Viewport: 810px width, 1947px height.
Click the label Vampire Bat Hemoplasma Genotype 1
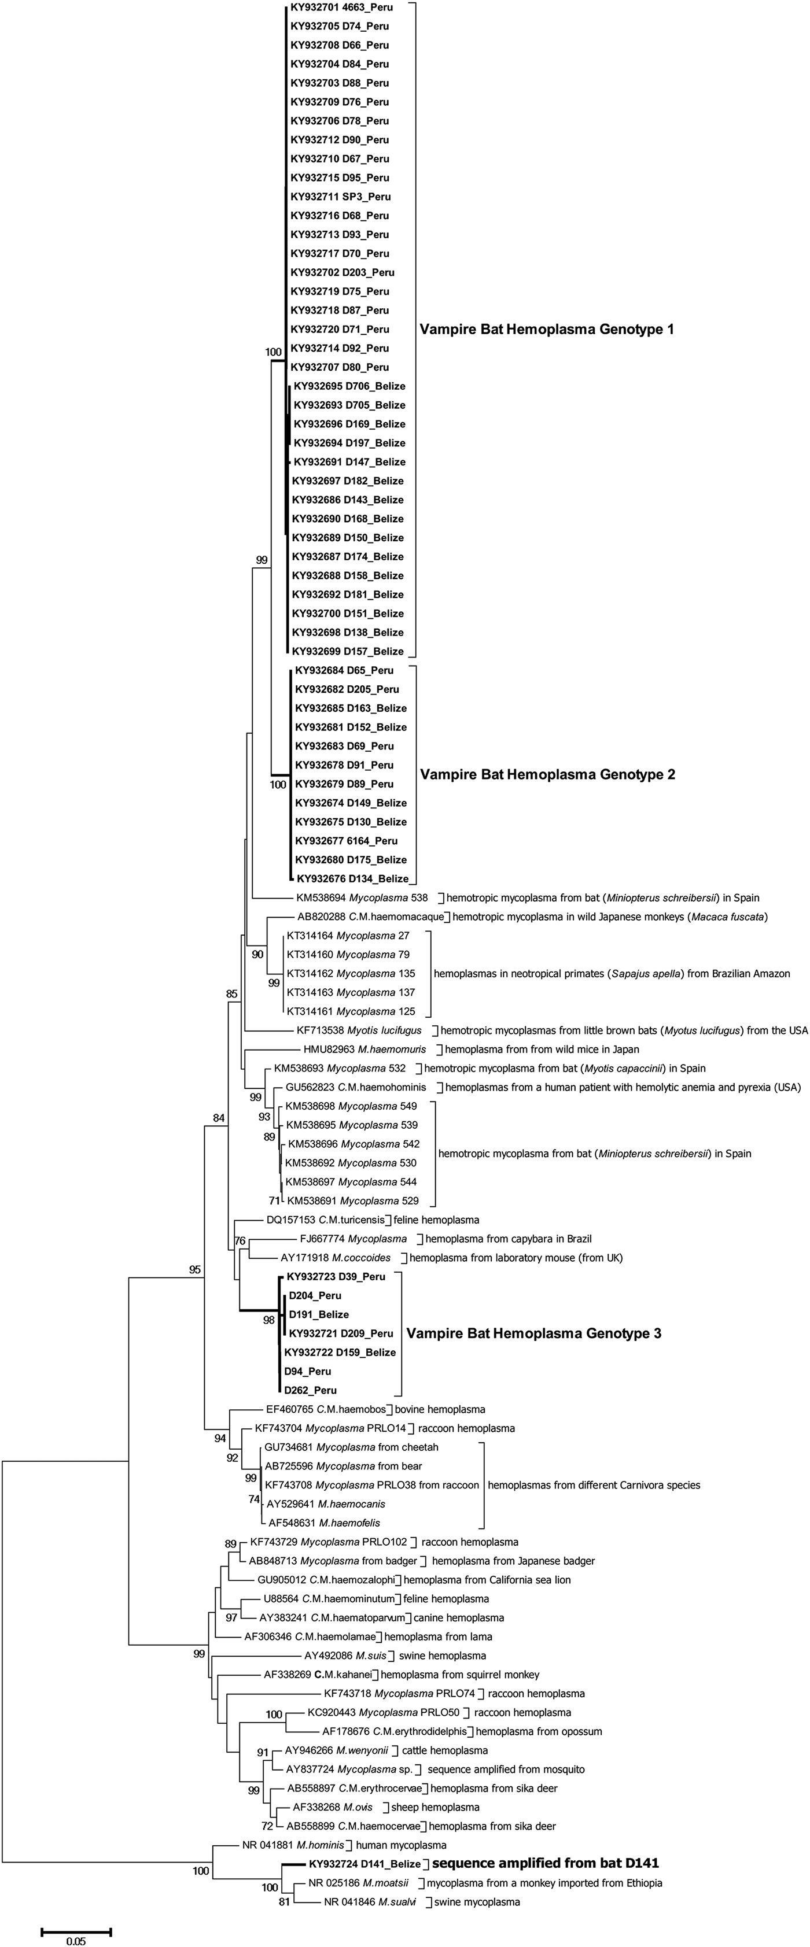click(x=546, y=330)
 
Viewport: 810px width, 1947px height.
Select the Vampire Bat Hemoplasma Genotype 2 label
click(x=547, y=775)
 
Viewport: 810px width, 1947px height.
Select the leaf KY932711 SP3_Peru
click(x=340, y=197)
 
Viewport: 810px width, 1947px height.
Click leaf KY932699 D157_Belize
click(x=348, y=652)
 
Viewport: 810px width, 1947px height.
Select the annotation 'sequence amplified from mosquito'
click(x=506, y=1769)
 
